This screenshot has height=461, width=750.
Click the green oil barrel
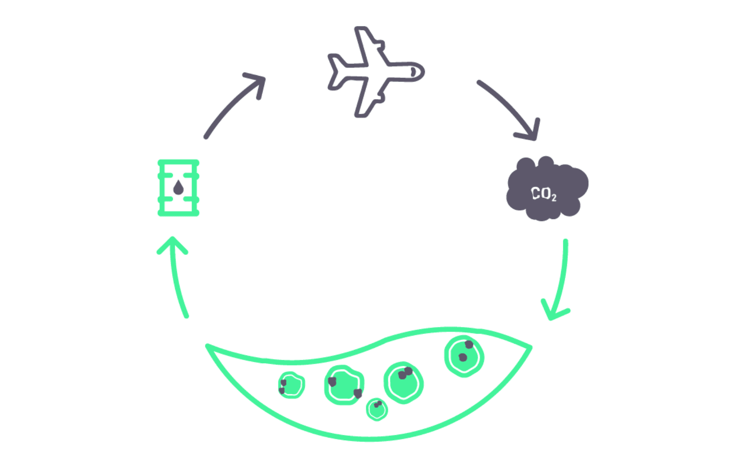(178, 188)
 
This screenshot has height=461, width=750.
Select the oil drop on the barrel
(178, 188)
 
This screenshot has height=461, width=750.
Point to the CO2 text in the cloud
(543, 194)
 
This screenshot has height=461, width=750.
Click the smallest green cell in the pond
(377, 409)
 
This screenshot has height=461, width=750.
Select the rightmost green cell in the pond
(464, 356)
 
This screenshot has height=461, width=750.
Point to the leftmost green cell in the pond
(291, 385)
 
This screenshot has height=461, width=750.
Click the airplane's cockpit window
(413, 72)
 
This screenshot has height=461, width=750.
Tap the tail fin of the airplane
(336, 71)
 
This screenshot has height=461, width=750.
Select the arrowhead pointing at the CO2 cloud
(531, 132)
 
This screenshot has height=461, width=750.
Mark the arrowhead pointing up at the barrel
(172, 245)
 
